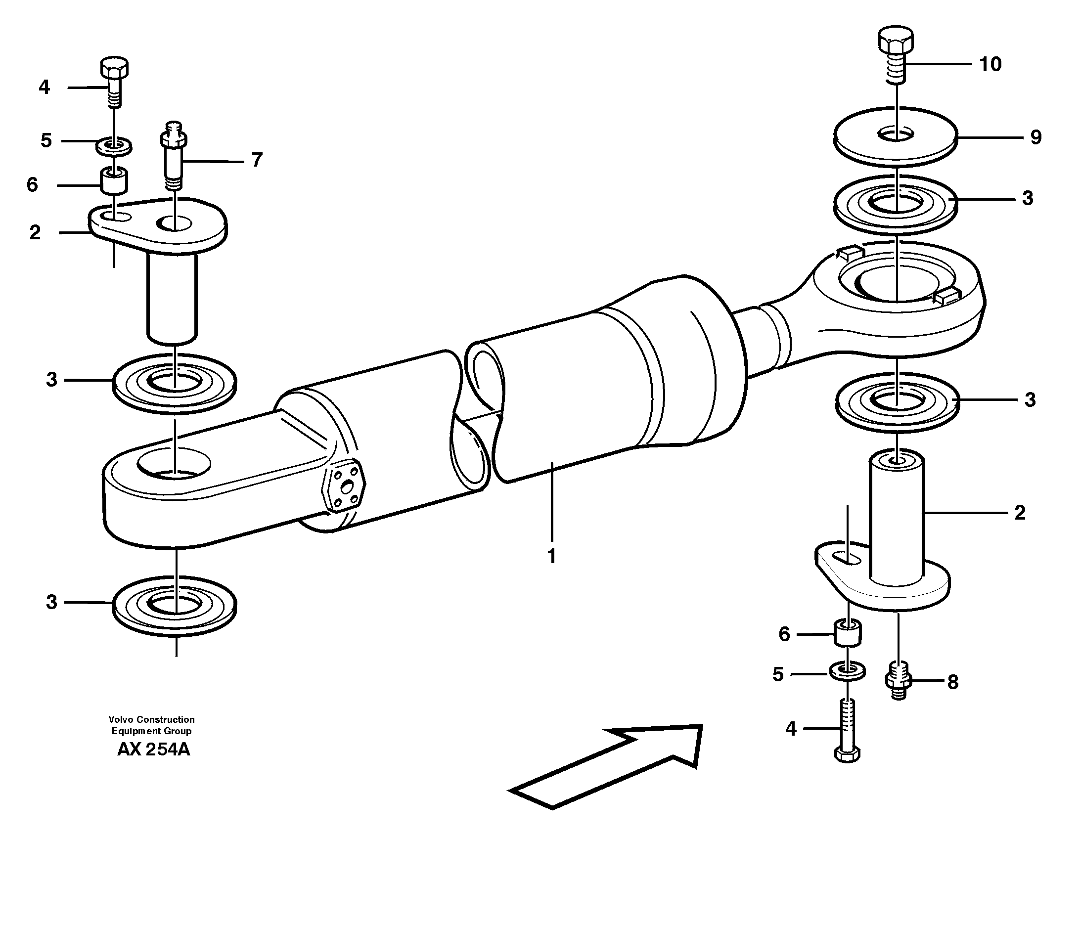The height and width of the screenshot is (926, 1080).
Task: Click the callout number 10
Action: pos(990,64)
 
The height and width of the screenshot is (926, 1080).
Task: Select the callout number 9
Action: pos(1035,137)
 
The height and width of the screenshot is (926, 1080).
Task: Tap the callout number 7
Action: pos(257,160)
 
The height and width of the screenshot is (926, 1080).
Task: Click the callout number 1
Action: pos(551,556)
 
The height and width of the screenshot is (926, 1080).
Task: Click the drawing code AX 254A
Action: pos(153,750)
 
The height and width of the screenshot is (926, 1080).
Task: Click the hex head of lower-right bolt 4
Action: pos(848,754)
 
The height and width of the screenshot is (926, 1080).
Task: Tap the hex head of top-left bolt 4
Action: pos(114,68)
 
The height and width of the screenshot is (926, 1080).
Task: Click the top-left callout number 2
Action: pos(35,232)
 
